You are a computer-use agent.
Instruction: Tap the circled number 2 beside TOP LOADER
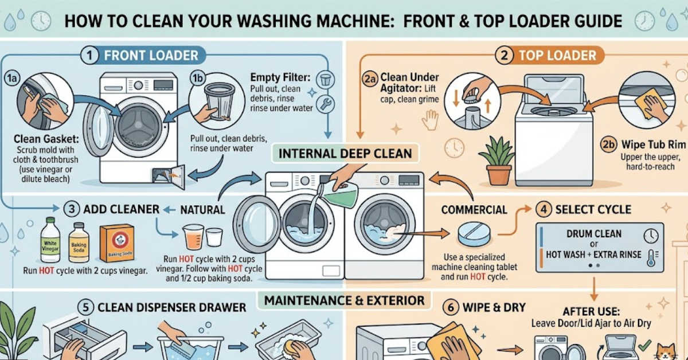click(x=504, y=56)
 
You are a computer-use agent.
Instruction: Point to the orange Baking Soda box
click(x=116, y=243)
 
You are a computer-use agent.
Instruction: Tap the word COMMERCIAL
click(x=474, y=210)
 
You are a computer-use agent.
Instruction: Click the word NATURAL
click(x=202, y=210)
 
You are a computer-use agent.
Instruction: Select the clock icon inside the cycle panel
click(x=651, y=236)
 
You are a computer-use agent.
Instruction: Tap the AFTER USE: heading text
click(x=592, y=311)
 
